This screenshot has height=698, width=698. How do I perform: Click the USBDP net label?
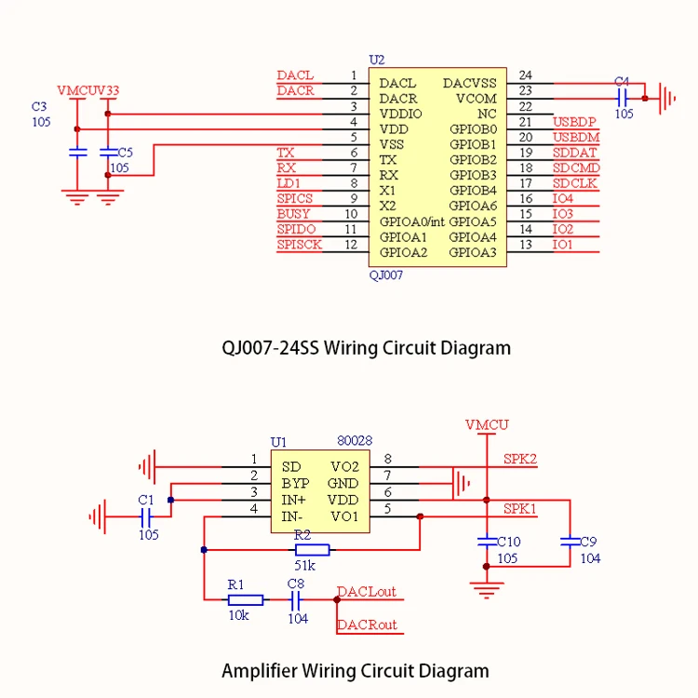pyautogui.click(x=574, y=122)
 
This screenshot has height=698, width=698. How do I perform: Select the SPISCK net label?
pyautogui.click(x=299, y=245)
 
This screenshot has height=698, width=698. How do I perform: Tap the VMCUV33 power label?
pyautogui.click(x=87, y=91)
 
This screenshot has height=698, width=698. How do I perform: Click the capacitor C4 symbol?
pyautogui.click(x=623, y=96)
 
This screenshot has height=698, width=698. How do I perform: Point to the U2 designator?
pyautogui.click(x=376, y=60)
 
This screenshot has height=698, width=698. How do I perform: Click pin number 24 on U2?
pyautogui.click(x=526, y=75)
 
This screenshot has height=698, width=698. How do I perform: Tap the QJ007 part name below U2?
pyautogui.click(x=386, y=275)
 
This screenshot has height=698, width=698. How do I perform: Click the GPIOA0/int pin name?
pyautogui.click(x=412, y=221)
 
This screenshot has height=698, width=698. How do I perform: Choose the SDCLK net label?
pyautogui.click(x=575, y=183)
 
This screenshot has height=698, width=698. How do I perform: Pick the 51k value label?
pyautogui.click(x=304, y=566)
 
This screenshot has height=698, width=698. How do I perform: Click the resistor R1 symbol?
pyautogui.click(x=245, y=600)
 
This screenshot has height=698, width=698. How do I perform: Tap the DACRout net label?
pyautogui.click(x=367, y=624)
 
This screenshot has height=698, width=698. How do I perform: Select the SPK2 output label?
pyautogui.click(x=519, y=459)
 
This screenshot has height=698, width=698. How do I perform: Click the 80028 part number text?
pyautogui.click(x=354, y=441)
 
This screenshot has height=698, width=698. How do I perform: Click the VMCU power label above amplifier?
pyautogui.click(x=486, y=424)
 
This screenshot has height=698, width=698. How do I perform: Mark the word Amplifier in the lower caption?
pyautogui.click(x=262, y=670)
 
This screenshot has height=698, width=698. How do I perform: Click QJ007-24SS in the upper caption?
pyautogui.click(x=271, y=348)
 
